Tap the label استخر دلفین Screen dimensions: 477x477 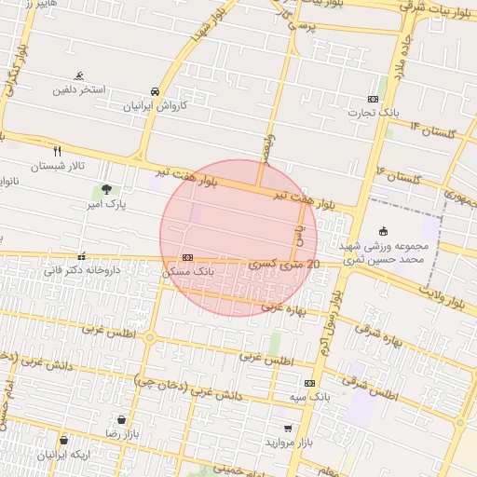(x=80, y=90)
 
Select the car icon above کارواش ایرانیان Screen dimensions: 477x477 (x=155, y=92)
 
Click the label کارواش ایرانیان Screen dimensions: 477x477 (x=157, y=106)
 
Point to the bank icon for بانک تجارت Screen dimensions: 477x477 (x=374, y=99)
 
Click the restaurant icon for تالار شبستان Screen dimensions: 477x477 (x=58, y=151)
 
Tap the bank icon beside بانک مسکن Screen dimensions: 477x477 (x=188, y=257)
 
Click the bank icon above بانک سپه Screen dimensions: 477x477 (x=309, y=383)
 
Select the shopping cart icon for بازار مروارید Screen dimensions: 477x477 (x=288, y=429)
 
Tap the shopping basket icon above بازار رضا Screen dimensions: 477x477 (x=120, y=419)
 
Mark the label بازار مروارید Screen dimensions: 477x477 (x=288, y=443)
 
